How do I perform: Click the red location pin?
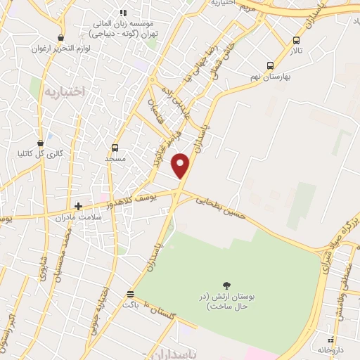[x=181, y=165]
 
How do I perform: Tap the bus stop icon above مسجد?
[x=115, y=148]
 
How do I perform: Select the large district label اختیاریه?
[x=64, y=91]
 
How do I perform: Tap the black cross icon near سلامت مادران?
[x=78, y=207]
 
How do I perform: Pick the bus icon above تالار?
[x=296, y=40]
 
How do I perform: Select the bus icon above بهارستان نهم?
[x=271, y=65]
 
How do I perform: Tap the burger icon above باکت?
[x=129, y=294]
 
